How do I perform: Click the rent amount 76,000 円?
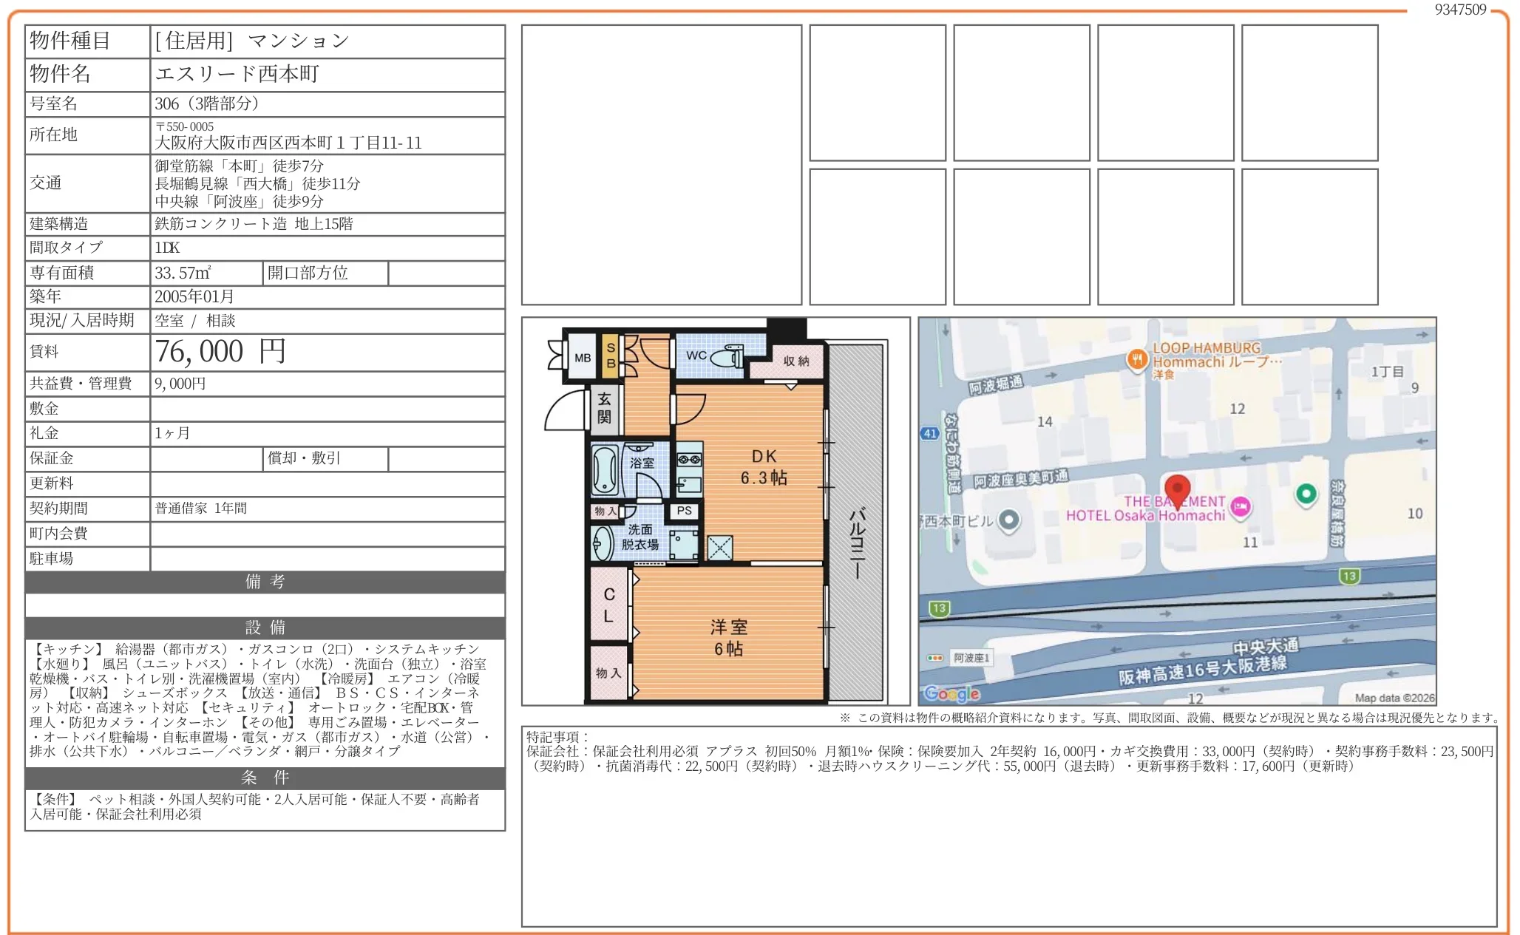[x=220, y=352]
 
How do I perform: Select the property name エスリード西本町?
[x=237, y=74]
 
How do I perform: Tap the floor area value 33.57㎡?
[x=183, y=273]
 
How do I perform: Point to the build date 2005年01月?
[x=194, y=296]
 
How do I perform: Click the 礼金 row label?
[x=44, y=433]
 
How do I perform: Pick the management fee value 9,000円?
[x=180, y=384]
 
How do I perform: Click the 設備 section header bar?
[x=265, y=628]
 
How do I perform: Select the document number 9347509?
[x=1460, y=10]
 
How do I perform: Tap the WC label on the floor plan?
[x=696, y=356]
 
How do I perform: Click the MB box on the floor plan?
[x=583, y=358]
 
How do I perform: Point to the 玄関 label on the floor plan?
[x=604, y=408]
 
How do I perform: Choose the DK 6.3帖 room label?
[x=764, y=467]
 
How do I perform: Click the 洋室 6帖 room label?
[x=729, y=638]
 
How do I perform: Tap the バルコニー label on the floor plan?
[x=857, y=543]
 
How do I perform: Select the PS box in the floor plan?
[x=684, y=511]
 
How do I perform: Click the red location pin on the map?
[x=1177, y=490]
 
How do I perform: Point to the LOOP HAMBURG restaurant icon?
[x=1137, y=360]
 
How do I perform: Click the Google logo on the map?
[x=952, y=693]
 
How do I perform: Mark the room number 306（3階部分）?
[x=207, y=103]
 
